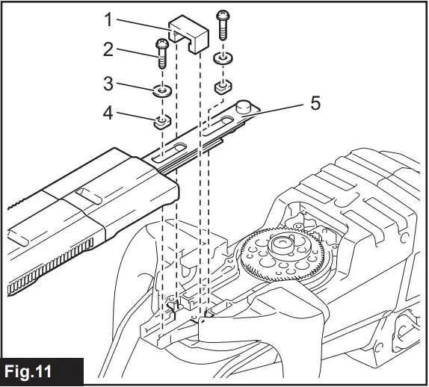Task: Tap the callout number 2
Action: tap(108, 50)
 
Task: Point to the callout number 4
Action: tap(108, 114)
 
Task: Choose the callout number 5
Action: tap(316, 102)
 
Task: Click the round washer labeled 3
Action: tap(162, 93)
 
